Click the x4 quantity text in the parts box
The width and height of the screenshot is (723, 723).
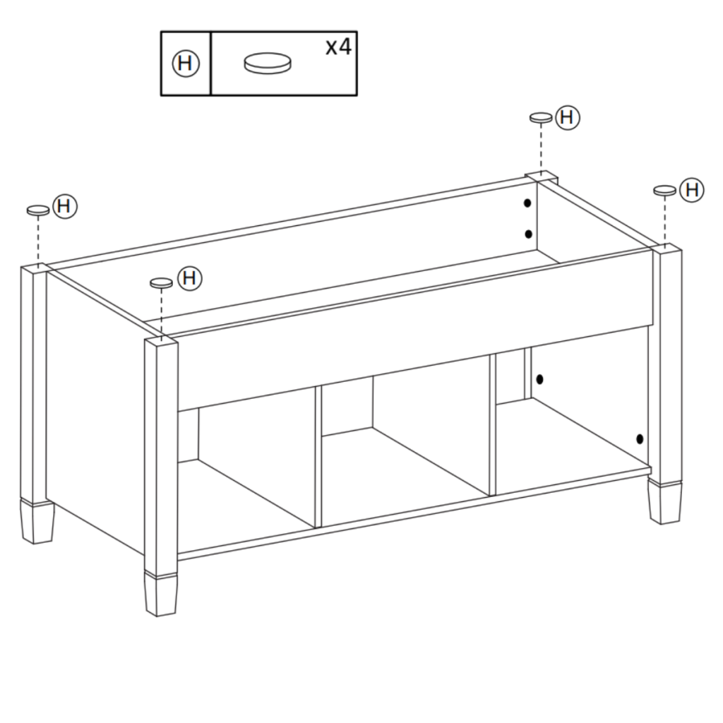(338, 48)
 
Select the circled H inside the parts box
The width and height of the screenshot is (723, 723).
(186, 64)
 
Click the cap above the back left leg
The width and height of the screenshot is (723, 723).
(37, 210)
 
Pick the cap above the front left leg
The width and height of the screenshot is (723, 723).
(161, 282)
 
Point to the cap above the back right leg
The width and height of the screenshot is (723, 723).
(541, 117)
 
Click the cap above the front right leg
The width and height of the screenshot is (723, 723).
(664, 190)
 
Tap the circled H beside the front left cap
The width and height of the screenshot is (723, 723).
(189, 277)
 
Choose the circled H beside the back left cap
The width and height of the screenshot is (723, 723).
(65, 206)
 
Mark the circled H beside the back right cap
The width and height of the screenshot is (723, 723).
(567, 117)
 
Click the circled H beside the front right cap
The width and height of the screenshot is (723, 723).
(693, 189)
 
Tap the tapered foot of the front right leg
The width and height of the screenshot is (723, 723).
(665, 503)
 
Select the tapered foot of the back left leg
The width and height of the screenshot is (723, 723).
(37, 522)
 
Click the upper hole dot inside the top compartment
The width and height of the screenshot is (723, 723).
(527, 203)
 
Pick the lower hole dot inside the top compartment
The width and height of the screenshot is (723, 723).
(527, 234)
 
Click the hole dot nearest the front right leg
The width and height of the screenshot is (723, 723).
(639, 438)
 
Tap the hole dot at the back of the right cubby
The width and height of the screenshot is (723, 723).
(539, 379)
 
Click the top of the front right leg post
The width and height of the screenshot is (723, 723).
(665, 249)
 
